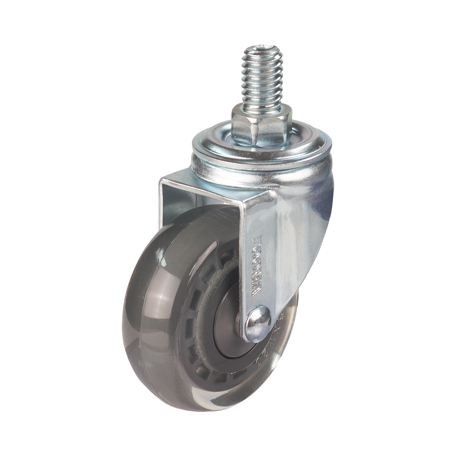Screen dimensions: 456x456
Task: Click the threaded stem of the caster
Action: coord(262,81)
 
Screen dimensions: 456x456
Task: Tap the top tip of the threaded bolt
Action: coord(262,47)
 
